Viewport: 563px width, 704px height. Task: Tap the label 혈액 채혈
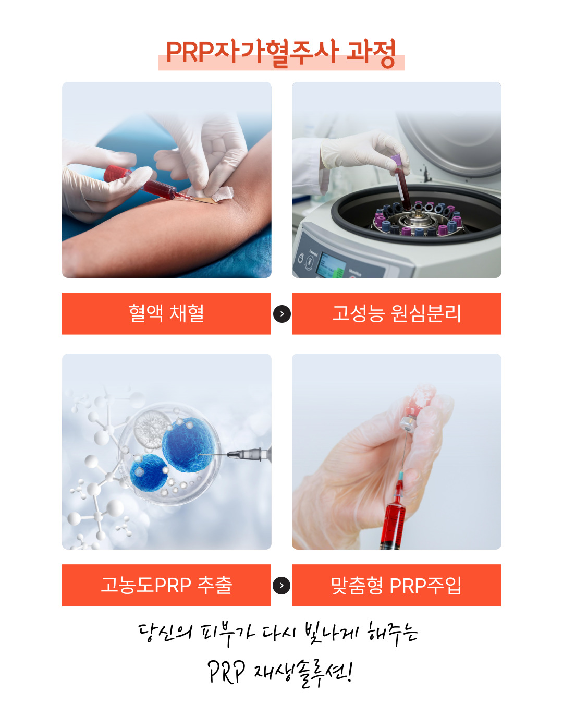click(166, 313)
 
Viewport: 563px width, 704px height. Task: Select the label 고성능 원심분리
click(397, 313)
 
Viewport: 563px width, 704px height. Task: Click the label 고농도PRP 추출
click(166, 585)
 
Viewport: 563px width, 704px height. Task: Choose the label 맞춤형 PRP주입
click(397, 585)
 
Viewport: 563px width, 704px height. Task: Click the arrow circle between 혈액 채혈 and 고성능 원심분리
click(281, 314)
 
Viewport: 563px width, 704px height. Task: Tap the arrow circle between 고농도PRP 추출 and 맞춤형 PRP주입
click(281, 586)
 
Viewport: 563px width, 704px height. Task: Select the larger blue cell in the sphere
click(189, 445)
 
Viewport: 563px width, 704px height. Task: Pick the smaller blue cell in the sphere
click(149, 472)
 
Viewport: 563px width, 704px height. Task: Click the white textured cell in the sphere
click(152, 429)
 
